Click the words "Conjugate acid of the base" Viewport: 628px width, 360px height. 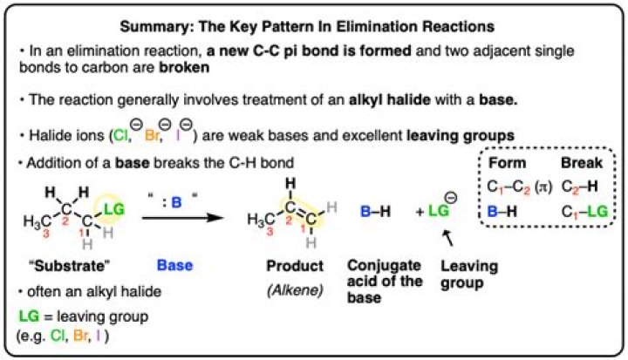coord(373,281)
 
